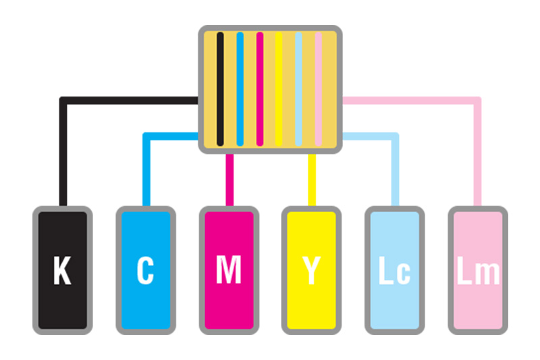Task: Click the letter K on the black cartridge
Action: click(62, 270)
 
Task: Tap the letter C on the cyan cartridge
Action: click(145, 270)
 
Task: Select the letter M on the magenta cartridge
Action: click(228, 270)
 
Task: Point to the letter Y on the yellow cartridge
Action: click(312, 270)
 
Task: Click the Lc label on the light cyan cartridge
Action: click(395, 270)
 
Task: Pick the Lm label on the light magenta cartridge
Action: click(478, 270)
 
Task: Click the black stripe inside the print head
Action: click(220, 89)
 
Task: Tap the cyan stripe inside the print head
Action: click(240, 89)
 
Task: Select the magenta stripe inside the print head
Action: click(260, 89)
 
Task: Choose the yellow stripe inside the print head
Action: click(279, 89)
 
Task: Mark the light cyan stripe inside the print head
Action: click(298, 89)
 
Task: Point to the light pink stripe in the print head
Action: click(318, 89)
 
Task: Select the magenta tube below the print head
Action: click(230, 180)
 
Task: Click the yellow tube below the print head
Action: click(312, 180)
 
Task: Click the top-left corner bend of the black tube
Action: click(63, 101)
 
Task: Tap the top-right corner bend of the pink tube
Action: click(477, 101)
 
